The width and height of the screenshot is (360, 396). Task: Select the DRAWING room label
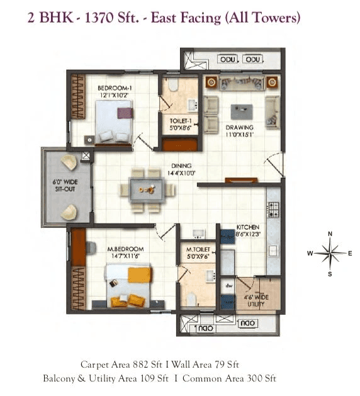(x=240, y=127)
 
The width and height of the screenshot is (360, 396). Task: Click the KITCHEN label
(x=248, y=227)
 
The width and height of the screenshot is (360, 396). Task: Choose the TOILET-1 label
(x=181, y=120)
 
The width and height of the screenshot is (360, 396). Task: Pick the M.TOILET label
(x=197, y=249)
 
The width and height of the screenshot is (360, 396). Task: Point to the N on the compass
(x=330, y=234)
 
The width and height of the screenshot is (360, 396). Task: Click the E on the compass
(x=350, y=254)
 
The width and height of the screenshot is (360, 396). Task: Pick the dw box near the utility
(x=227, y=285)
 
